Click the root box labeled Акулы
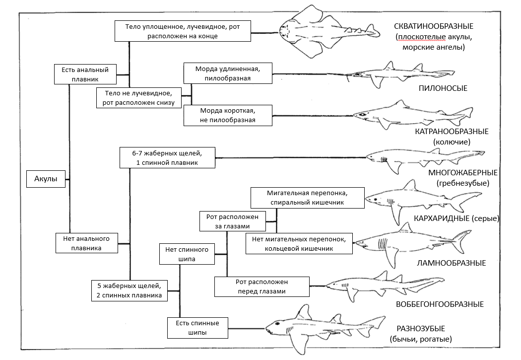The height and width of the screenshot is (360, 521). tap(46, 179)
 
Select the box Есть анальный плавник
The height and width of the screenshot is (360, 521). tap(85, 74)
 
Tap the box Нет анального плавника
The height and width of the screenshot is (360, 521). tap(86, 243)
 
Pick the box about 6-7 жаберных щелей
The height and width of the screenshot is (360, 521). tap(167, 157)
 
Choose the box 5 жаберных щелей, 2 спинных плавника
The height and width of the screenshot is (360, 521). tap(130, 290)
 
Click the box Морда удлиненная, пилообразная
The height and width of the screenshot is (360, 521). tap(228, 72)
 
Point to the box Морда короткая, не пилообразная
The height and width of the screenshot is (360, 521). tap(228, 115)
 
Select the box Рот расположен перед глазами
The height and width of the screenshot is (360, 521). tap(261, 287)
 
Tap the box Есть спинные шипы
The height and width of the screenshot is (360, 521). tap(197, 328)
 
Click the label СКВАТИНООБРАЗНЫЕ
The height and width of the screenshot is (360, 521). tap(434, 26)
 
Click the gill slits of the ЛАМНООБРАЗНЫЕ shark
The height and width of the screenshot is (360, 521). tap(382, 244)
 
